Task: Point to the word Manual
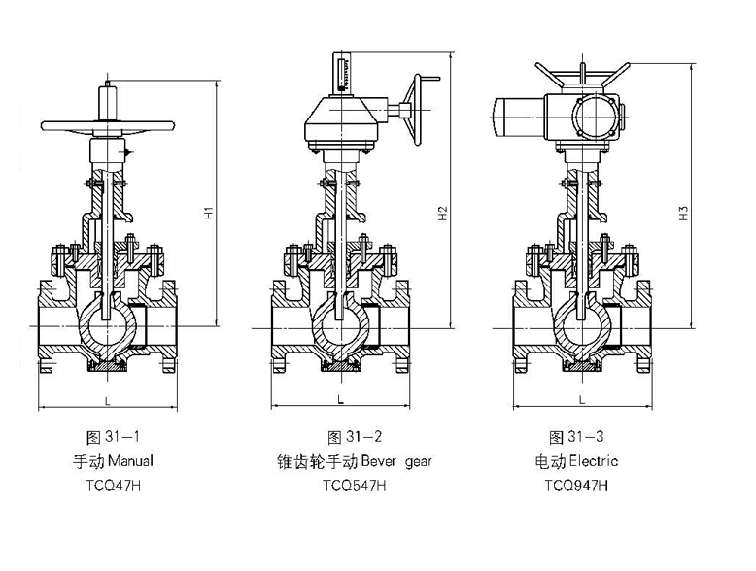(x=128, y=460)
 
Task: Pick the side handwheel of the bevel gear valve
(x=415, y=109)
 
